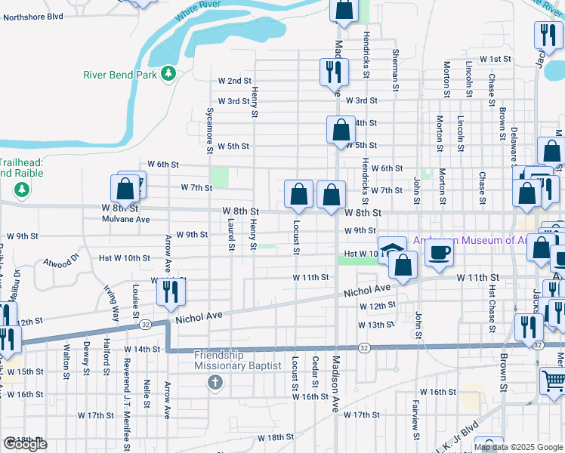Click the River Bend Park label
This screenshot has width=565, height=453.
coord(119,75)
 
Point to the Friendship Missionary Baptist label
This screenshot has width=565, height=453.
coord(236,360)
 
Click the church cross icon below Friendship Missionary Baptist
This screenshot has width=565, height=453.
coord(215,382)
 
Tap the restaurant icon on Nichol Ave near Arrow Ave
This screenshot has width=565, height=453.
coord(171,291)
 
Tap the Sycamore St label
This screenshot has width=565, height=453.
coord(210,129)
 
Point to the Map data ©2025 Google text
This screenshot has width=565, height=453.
coord(517,447)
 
